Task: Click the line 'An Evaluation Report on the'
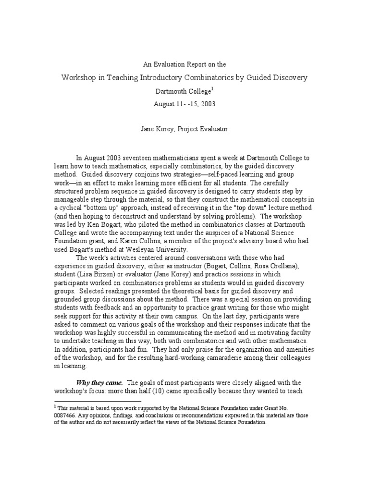click(185, 64)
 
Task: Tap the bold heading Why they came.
click(100, 382)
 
